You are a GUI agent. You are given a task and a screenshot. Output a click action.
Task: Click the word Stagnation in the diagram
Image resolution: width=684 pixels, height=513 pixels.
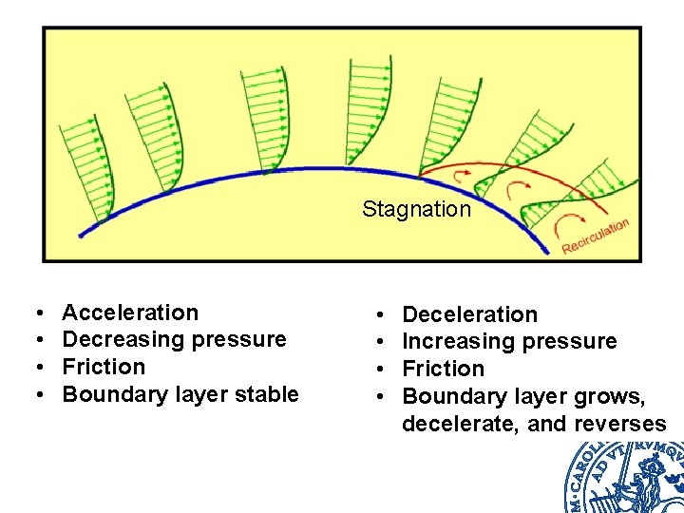416,209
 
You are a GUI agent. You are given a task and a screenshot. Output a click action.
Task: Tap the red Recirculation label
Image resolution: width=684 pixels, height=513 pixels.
595,237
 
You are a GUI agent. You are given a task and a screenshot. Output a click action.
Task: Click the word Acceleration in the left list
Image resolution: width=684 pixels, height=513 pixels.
130,313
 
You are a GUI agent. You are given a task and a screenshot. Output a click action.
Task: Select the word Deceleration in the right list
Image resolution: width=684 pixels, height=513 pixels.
470,314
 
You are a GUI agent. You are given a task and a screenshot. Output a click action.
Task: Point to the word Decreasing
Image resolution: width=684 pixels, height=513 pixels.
121,339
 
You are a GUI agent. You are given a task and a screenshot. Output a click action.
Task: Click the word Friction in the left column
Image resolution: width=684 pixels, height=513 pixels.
104,367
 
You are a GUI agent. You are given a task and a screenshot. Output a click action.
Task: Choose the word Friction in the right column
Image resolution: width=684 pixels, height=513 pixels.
444,369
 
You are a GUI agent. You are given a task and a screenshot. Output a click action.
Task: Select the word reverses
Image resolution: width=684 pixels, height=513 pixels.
618,424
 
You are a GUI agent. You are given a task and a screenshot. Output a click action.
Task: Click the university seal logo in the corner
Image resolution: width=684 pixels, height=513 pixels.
627,475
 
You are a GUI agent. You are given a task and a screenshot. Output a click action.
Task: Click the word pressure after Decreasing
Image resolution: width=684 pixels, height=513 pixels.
241,339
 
